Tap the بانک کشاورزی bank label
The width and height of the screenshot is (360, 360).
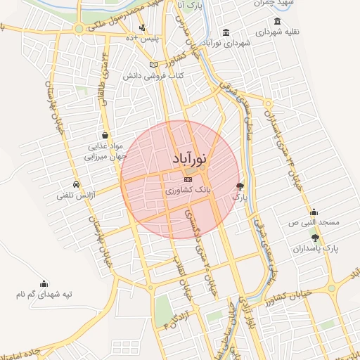pyautogui.click(x=186, y=191)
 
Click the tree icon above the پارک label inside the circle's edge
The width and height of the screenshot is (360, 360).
pyautogui.click(x=240, y=186)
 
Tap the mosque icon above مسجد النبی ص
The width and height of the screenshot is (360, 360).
pyautogui.click(x=314, y=212)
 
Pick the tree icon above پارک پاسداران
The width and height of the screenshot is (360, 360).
pyautogui.click(x=315, y=238)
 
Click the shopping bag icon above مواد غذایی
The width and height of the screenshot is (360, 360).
pyautogui.click(x=105, y=136)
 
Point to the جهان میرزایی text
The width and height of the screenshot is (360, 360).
pyautogui.click(x=103, y=157)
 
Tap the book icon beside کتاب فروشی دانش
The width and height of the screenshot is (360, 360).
pyautogui.click(x=153, y=65)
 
